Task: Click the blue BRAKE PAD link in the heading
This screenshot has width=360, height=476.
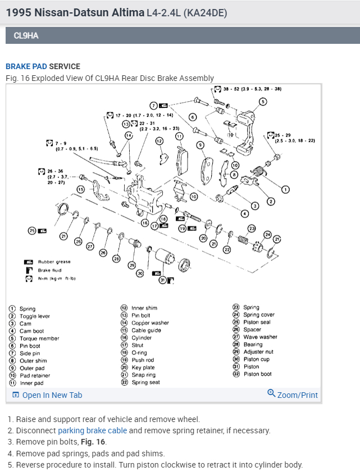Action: (26, 66)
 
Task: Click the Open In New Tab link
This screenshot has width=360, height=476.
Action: (52, 395)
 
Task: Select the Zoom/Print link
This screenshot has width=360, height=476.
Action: (297, 395)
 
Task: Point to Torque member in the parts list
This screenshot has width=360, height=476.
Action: (39, 339)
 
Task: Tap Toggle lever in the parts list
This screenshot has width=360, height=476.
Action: (35, 316)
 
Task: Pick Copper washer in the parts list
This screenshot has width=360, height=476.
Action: (150, 323)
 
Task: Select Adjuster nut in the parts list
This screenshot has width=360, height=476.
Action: (259, 352)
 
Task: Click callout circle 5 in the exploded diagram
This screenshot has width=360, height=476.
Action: (263, 102)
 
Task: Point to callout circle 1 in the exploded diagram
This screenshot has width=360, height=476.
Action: (285, 190)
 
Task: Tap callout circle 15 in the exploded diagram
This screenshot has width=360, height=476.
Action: (81, 189)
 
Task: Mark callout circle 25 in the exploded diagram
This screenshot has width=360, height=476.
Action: (32, 230)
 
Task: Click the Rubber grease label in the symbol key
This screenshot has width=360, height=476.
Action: (54, 262)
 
